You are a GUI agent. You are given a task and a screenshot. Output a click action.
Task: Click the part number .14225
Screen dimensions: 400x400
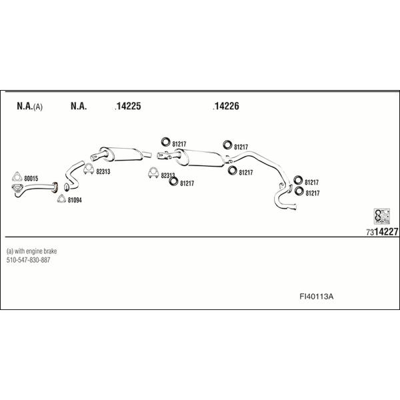pyautogui.click(x=128, y=106)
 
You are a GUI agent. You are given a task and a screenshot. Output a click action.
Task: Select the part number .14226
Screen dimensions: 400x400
pyautogui.click(x=226, y=106)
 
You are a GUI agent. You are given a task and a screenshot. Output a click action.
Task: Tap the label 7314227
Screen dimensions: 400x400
pyautogui.click(x=382, y=231)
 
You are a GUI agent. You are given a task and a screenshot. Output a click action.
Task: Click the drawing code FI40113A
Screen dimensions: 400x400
pyautogui.click(x=316, y=297)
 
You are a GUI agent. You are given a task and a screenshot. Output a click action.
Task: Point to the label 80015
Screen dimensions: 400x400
pyautogui.click(x=31, y=179)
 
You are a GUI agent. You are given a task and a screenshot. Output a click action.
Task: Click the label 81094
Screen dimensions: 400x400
pyautogui.click(x=75, y=200)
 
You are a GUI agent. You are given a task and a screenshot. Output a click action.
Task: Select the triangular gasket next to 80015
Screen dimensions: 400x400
pyautogui.click(x=17, y=177)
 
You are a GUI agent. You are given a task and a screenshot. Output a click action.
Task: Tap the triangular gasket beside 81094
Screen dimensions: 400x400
pyautogui.click(x=61, y=199)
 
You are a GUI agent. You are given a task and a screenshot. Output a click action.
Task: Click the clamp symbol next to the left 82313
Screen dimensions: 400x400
pyautogui.click(x=89, y=169)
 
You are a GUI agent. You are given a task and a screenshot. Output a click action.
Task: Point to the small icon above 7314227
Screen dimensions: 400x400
pyautogui.click(x=381, y=216)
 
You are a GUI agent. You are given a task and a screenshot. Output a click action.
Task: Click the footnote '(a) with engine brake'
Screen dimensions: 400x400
pyautogui.click(x=31, y=251)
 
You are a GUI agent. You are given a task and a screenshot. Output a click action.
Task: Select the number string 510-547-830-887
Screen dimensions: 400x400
pyautogui.click(x=28, y=260)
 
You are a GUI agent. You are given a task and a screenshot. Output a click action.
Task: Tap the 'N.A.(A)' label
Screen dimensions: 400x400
pyautogui.click(x=29, y=106)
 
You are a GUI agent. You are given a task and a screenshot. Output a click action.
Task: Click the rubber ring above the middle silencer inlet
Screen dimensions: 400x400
pyautogui.click(x=165, y=142)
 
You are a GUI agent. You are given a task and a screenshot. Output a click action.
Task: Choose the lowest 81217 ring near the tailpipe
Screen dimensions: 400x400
pyautogui.click(x=299, y=191)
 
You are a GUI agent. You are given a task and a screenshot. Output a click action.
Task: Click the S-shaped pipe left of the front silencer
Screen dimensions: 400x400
pyautogui.click(x=74, y=175)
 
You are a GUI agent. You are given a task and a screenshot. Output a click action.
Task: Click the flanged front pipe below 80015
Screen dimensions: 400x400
pyautogui.click(x=35, y=188)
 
